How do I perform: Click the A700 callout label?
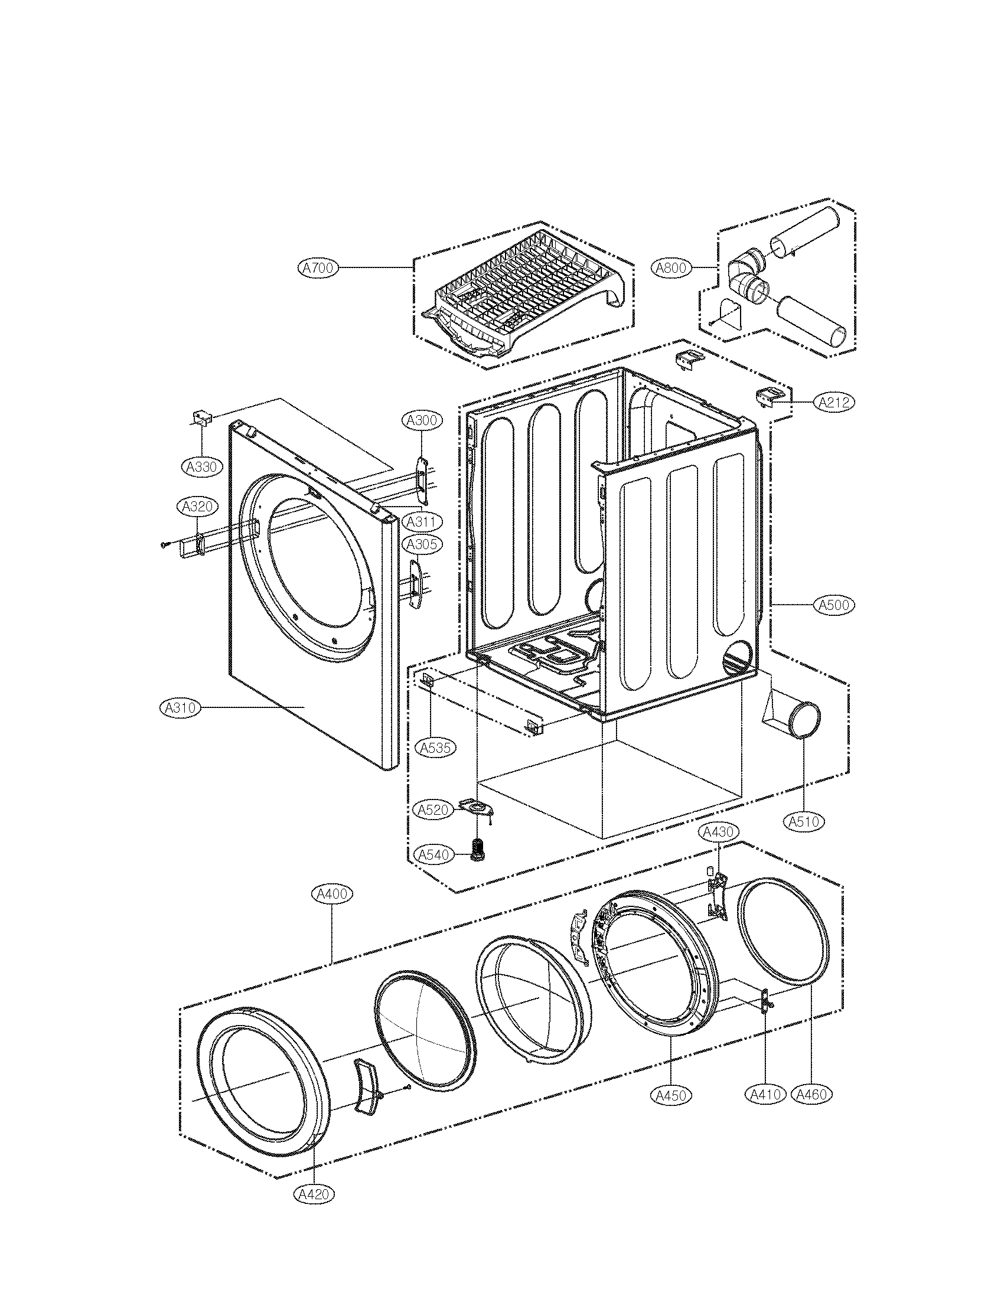pyautogui.click(x=318, y=268)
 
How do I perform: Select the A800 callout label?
pyautogui.click(x=671, y=268)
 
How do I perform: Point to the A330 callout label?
pyautogui.click(x=201, y=467)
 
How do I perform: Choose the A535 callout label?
pyautogui.click(x=435, y=748)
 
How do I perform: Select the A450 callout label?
pyautogui.click(x=671, y=1095)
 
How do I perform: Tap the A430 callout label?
pyautogui.click(x=718, y=832)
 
